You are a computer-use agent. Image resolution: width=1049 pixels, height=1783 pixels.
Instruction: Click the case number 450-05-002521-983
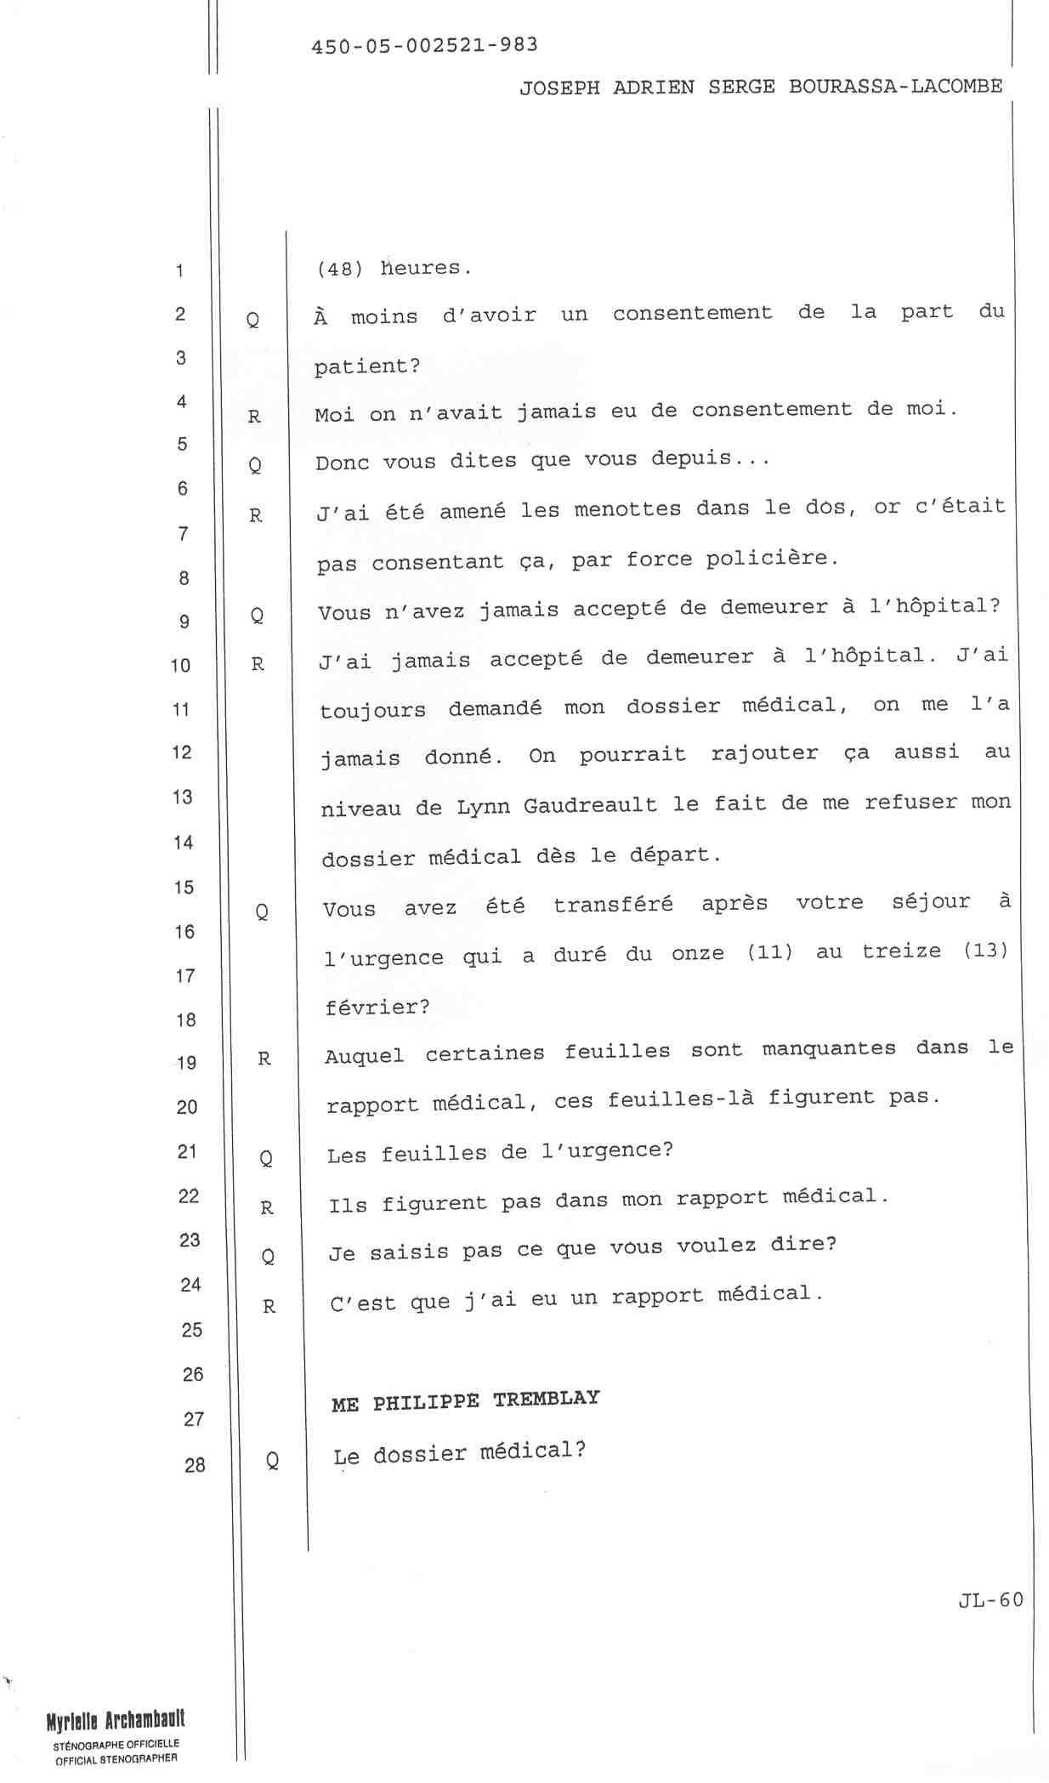pyautogui.click(x=424, y=45)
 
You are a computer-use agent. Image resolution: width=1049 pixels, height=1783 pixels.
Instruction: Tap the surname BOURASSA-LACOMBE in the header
pyautogui.click(x=895, y=87)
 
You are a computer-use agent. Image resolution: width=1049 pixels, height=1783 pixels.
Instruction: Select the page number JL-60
pyautogui.click(x=990, y=1599)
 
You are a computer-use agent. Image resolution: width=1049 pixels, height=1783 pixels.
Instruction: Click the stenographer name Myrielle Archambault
pyautogui.click(x=116, y=1721)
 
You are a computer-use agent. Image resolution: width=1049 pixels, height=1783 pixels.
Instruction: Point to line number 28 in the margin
pyautogui.click(x=195, y=1464)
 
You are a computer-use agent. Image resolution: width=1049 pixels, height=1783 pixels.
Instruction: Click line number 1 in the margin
pyautogui.click(x=180, y=271)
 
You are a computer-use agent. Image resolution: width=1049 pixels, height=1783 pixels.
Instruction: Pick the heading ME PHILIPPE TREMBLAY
pyautogui.click(x=465, y=1400)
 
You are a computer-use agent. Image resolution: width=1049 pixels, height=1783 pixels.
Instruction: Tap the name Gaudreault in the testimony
pyautogui.click(x=590, y=805)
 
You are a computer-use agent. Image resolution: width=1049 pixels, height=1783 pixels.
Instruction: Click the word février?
pyautogui.click(x=377, y=1008)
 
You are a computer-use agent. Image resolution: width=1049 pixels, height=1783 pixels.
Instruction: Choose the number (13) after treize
pyautogui.click(x=985, y=949)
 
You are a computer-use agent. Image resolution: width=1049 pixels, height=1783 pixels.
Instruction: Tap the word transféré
pyautogui.click(x=613, y=905)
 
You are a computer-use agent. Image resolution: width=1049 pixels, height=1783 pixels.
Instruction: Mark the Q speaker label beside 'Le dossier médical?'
pyautogui.click(x=272, y=1461)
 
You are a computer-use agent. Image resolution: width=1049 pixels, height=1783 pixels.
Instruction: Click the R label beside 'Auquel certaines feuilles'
pyautogui.click(x=264, y=1059)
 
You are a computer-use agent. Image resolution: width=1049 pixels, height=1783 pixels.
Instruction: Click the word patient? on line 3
pyautogui.click(x=367, y=366)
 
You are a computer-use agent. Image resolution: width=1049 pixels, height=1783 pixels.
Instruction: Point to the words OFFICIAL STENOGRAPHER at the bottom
pyautogui.click(x=116, y=1759)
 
